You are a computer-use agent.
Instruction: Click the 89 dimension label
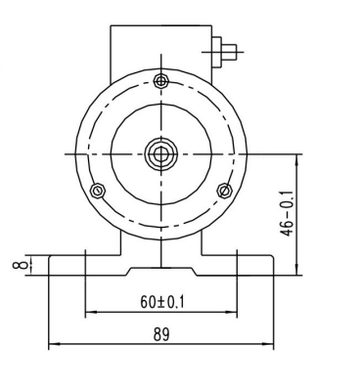click(161, 334)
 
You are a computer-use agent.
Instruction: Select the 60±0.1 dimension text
click(162, 302)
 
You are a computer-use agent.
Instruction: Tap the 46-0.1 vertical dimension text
click(288, 213)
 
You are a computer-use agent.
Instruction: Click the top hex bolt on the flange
click(160, 81)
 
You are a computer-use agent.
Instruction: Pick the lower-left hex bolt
click(97, 191)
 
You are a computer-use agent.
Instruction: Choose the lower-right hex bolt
click(225, 191)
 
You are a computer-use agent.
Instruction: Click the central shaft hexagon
click(160, 154)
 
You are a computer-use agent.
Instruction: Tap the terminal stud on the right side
click(229, 52)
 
